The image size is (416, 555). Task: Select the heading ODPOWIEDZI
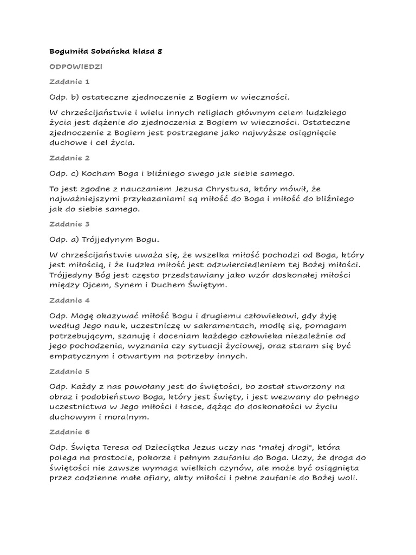pyautogui.click(x=76, y=67)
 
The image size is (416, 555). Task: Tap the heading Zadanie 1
pyautogui.click(x=69, y=82)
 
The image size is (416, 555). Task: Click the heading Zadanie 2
pyautogui.click(x=69, y=158)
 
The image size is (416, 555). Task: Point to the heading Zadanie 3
pyautogui.click(x=69, y=224)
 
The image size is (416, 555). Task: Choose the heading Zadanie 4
pyautogui.click(x=69, y=300)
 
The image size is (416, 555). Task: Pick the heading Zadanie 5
pyautogui.click(x=69, y=371)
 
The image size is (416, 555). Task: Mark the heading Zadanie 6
pyautogui.click(x=69, y=432)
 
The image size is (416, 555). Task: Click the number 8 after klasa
pyautogui.click(x=159, y=51)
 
